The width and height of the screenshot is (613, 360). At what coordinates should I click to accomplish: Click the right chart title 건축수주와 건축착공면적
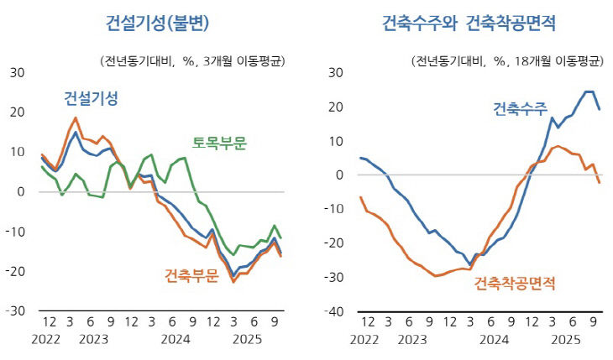pos(469,23)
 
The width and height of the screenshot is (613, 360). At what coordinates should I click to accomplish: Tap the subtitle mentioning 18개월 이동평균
pos(507,60)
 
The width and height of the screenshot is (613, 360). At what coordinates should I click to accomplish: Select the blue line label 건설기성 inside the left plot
pos(91,99)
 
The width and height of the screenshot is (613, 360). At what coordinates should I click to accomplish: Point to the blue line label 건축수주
pos(520,109)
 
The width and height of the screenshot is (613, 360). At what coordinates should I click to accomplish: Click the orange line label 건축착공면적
pos(515,284)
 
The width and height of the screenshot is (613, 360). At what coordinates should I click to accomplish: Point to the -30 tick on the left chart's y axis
pos(16,311)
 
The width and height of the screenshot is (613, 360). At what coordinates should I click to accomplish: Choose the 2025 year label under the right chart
pos(566,340)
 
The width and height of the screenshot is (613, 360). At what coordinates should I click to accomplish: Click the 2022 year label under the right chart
pos(364,340)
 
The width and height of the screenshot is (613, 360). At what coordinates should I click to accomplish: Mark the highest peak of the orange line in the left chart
pos(76,117)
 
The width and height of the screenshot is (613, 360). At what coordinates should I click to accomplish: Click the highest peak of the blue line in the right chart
pos(589,91)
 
